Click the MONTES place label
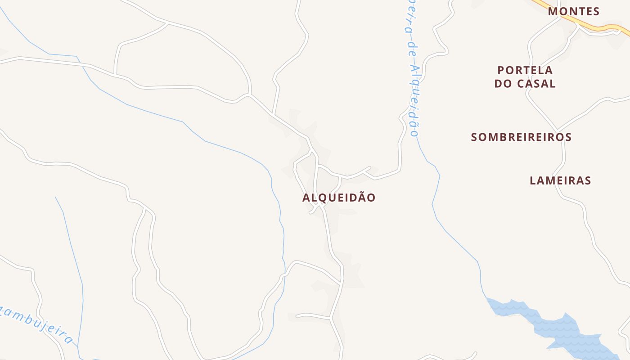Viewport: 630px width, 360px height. [574, 11]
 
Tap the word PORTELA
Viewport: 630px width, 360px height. [525, 70]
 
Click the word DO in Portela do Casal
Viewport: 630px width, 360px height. [503, 84]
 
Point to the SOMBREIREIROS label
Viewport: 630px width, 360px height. [521, 137]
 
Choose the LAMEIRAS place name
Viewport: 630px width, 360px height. [560, 180]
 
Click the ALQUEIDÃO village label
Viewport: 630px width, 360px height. [339, 198]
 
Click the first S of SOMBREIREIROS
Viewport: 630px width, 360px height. [474, 137]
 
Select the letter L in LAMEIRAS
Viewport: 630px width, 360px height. [533, 180]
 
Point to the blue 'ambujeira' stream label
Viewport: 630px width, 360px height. [38, 320]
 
